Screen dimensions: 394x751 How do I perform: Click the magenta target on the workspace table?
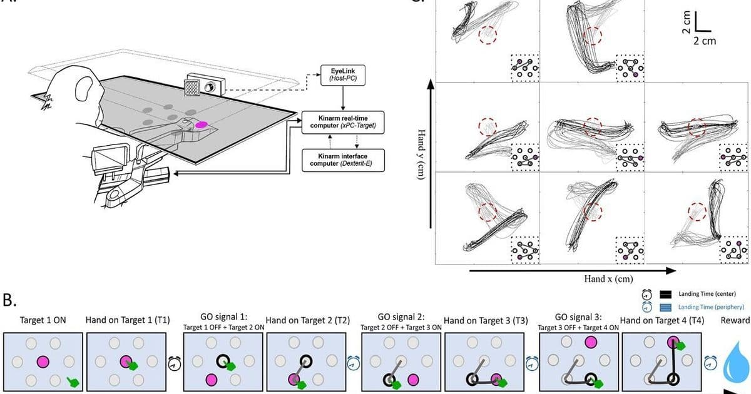(201, 125)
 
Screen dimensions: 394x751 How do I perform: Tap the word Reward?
(735, 321)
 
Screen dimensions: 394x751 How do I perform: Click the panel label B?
(11, 301)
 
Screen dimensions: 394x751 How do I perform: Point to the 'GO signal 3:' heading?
(579, 316)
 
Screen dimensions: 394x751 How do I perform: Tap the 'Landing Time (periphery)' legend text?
(710, 307)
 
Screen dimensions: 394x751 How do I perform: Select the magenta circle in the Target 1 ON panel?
(42, 361)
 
